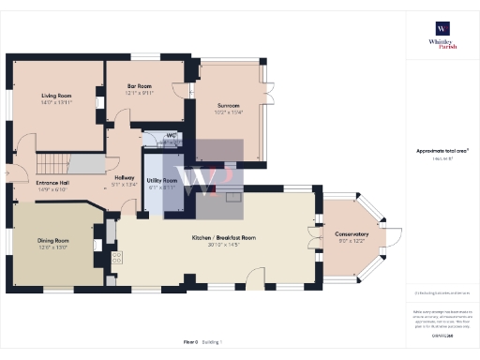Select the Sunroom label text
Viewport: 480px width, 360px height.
[x=229, y=106]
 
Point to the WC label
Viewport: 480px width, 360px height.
[x=172, y=135]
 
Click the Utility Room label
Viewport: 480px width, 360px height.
[x=162, y=180]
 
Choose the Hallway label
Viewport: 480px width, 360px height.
[x=124, y=177]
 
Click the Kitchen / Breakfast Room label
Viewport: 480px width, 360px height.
[x=223, y=238]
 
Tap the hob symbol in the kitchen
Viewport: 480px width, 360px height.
[x=117, y=256]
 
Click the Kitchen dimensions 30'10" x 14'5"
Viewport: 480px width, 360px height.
[x=223, y=246]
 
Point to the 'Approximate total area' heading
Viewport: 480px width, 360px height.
[x=442, y=150]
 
